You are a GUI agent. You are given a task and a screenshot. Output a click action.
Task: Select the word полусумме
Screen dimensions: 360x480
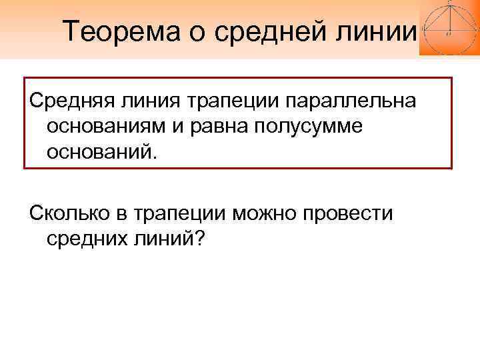coord(313,127)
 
